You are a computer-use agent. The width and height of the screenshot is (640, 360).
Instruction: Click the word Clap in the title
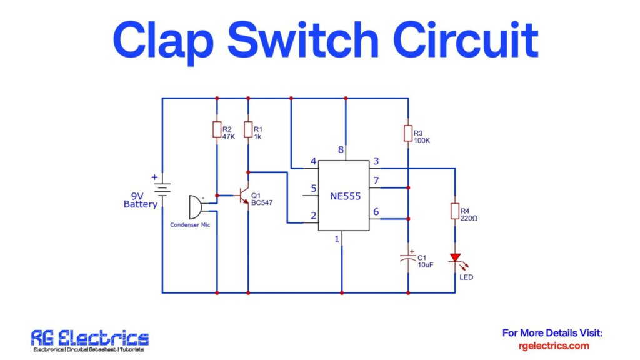(164, 40)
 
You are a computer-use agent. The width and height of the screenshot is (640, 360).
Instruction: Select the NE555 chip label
(343, 196)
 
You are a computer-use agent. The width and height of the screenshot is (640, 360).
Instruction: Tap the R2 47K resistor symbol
(217, 129)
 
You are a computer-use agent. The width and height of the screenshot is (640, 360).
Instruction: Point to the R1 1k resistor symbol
(248, 129)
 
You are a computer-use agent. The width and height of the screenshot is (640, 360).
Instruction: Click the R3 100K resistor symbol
(408, 133)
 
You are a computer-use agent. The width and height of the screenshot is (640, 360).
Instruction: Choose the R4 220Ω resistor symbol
(456, 211)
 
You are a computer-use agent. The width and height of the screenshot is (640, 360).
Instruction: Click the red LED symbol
(456, 258)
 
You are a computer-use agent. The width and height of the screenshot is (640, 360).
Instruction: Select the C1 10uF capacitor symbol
(408, 258)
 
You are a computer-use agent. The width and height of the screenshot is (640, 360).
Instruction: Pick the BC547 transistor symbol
(244, 196)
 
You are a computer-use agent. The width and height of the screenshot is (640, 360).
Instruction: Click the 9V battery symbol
(162, 188)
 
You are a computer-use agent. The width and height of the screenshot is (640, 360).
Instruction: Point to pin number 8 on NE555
(341, 150)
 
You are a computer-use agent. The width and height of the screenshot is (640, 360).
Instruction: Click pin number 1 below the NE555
(337, 239)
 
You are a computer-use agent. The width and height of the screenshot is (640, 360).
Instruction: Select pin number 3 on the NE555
(376, 162)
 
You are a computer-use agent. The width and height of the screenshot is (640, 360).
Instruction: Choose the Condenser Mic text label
(190, 224)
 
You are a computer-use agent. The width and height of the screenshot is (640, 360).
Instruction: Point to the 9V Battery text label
(140, 200)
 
